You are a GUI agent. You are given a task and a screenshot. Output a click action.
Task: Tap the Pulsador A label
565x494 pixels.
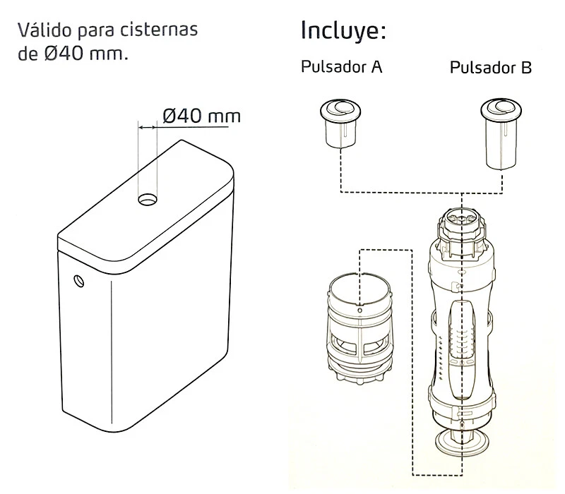tap(342, 68)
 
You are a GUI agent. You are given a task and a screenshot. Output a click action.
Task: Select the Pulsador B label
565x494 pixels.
tap(491, 68)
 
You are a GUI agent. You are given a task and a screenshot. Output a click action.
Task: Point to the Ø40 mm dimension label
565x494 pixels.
tap(201, 115)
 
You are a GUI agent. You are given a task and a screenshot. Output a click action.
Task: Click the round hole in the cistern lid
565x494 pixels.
tap(148, 200)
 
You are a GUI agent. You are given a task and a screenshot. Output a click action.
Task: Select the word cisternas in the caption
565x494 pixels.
tap(165, 32)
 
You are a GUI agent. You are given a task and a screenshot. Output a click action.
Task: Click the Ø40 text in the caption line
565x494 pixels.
tap(66, 54)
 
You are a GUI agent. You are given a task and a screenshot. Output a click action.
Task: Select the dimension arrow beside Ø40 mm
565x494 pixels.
tap(148, 128)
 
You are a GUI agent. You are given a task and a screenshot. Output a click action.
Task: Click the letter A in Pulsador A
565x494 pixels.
tap(377, 68)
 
